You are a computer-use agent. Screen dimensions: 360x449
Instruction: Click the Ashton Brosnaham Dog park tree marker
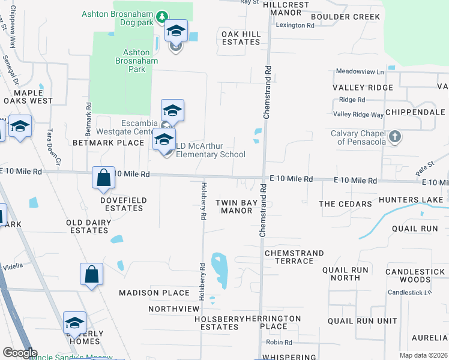[x=161, y=16]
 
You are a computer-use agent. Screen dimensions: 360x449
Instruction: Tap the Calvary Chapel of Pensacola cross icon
[x=395, y=136]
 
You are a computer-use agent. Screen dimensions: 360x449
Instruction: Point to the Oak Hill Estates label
[x=242, y=38]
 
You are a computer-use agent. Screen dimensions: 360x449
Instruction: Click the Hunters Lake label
[x=414, y=200]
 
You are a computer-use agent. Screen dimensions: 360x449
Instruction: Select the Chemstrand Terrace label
[x=294, y=257]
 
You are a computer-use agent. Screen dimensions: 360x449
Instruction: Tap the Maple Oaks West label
[x=28, y=97]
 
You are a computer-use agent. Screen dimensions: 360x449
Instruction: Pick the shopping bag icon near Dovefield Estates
[x=103, y=177]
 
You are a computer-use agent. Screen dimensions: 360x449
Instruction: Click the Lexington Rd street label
[x=294, y=26]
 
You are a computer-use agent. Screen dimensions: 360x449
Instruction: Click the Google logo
[x=20, y=353]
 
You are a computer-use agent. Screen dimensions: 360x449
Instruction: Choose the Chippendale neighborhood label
[x=415, y=112]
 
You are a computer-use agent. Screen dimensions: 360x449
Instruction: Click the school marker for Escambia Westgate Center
[x=172, y=110]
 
